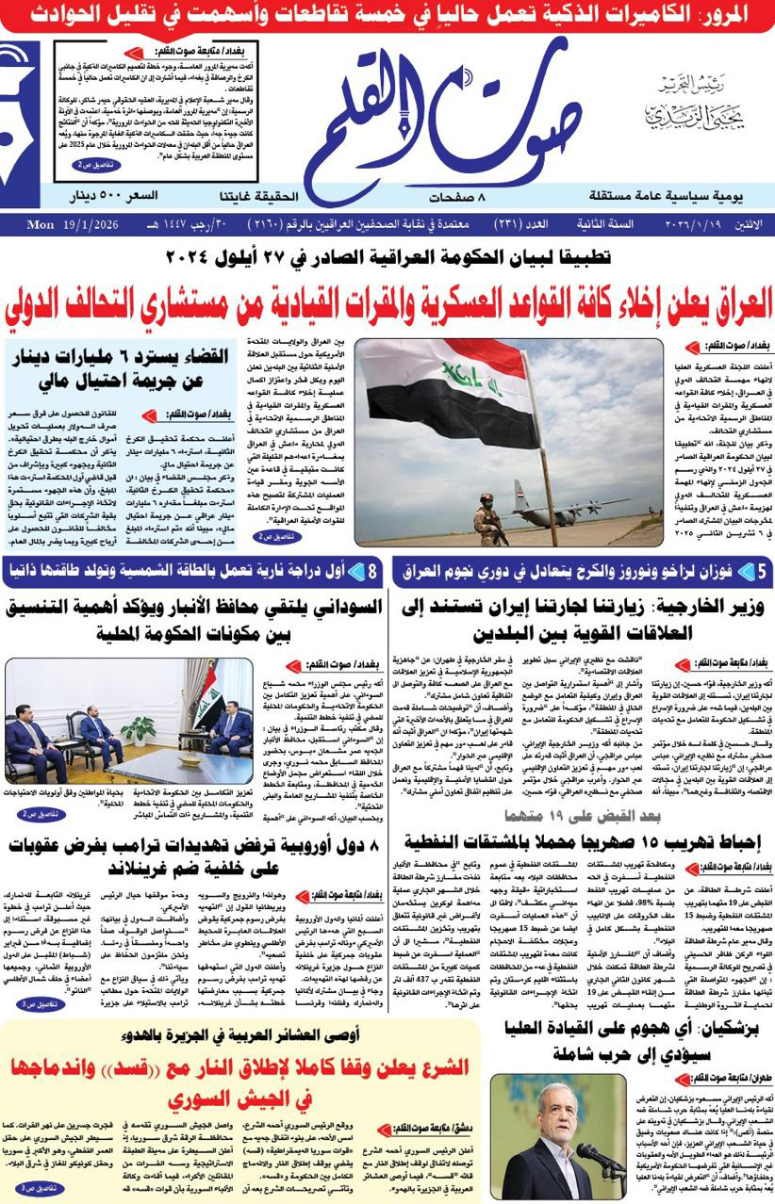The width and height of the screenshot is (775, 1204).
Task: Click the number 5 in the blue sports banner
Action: point(761,572)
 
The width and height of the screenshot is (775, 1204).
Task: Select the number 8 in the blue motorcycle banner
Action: point(372,572)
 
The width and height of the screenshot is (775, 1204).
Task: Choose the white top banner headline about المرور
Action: point(387,15)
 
